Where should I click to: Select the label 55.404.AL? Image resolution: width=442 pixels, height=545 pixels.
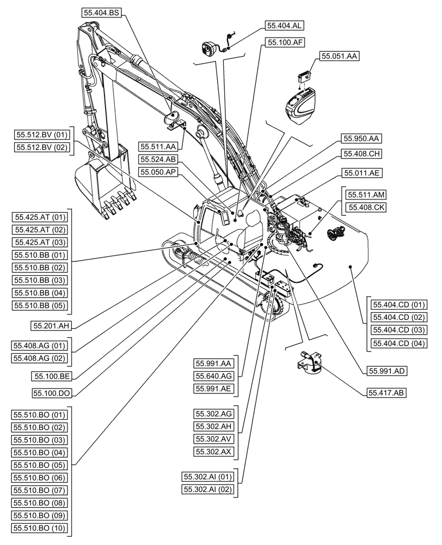(285, 25)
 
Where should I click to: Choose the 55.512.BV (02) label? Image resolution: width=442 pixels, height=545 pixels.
(42, 147)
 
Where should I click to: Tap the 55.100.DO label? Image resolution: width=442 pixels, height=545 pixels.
(53, 392)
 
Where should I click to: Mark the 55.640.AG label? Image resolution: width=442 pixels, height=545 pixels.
(213, 376)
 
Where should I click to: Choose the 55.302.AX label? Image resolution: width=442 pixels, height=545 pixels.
(213, 451)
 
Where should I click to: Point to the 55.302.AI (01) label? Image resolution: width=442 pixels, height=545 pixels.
(209, 477)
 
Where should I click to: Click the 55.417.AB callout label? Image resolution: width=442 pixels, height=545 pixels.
(386, 392)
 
